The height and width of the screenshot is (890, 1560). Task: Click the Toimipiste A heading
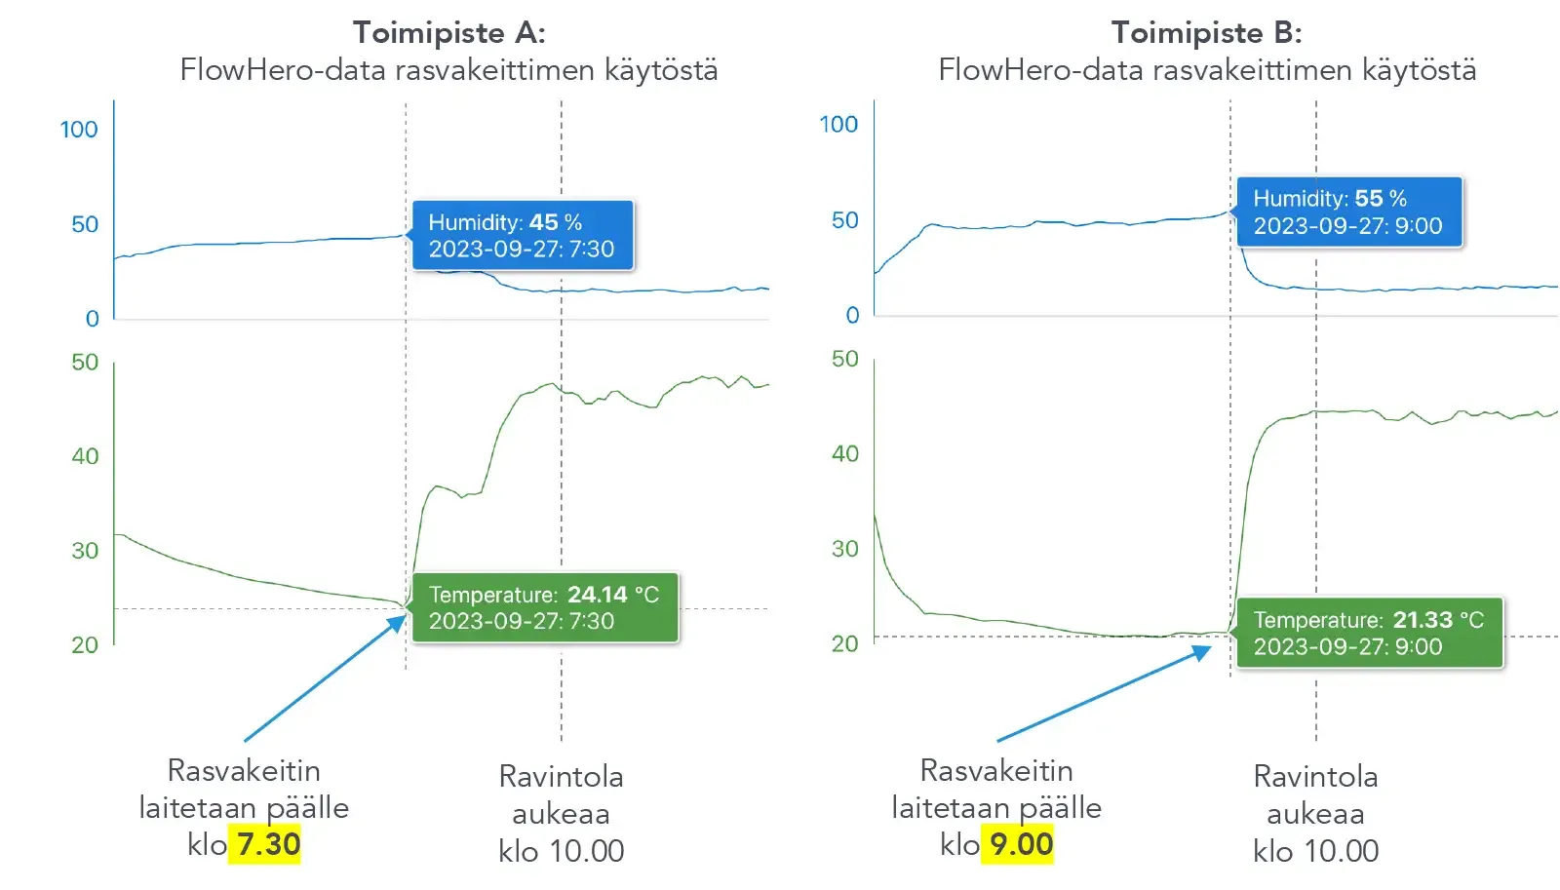pyautogui.click(x=448, y=33)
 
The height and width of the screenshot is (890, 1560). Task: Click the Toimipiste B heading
pyautogui.click(x=1206, y=33)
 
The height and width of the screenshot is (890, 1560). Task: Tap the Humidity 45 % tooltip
pyautogui.click(x=522, y=236)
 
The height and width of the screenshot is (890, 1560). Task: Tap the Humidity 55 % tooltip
pyautogui.click(x=1348, y=213)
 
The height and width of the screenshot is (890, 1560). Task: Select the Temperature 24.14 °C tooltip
pyautogui.click(x=544, y=608)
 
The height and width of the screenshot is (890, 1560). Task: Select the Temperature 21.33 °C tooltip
pyautogui.click(x=1369, y=634)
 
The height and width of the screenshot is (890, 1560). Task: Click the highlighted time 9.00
pyautogui.click(x=1021, y=844)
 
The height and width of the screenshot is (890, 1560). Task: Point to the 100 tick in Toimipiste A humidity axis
pyautogui.click(x=79, y=130)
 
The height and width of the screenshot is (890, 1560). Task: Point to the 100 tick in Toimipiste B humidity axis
pyautogui.click(x=838, y=125)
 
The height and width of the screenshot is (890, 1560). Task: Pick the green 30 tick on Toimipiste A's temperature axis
pyautogui.click(x=85, y=551)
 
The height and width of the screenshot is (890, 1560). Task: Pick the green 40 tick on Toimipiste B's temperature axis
pyautogui.click(x=844, y=454)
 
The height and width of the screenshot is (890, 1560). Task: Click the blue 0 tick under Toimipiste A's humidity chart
pyautogui.click(x=92, y=319)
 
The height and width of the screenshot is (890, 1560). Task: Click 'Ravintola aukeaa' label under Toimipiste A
pyautogui.click(x=561, y=795)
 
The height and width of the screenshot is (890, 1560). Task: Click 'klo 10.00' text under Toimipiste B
pyautogui.click(x=1315, y=851)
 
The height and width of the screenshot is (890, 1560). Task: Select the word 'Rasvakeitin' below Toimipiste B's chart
pyautogui.click(x=996, y=771)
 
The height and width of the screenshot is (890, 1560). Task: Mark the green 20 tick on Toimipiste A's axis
pyautogui.click(x=85, y=645)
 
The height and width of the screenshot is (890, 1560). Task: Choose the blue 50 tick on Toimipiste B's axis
pyautogui.click(x=844, y=220)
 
